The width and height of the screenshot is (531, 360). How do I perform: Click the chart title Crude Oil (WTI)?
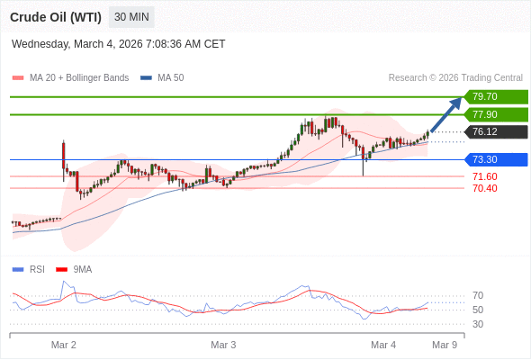coord(55,17)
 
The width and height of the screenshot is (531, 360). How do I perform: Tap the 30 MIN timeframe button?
coord(131,17)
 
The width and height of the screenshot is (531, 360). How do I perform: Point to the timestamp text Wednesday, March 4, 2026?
coord(118,44)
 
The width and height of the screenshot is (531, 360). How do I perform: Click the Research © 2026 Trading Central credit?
coord(455,78)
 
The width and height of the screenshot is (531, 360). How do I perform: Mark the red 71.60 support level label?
coord(484,176)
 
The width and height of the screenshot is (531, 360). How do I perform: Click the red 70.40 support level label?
coord(484,188)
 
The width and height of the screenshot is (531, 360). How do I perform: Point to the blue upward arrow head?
coord(457,102)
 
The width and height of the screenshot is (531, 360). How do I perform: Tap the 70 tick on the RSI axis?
coord(478,295)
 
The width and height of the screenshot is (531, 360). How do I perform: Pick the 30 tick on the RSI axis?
coord(478,324)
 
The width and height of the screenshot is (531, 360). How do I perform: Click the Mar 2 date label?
coord(64,345)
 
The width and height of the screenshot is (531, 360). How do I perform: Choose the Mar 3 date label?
coord(223,345)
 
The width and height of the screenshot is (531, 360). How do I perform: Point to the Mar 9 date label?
coord(445,345)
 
